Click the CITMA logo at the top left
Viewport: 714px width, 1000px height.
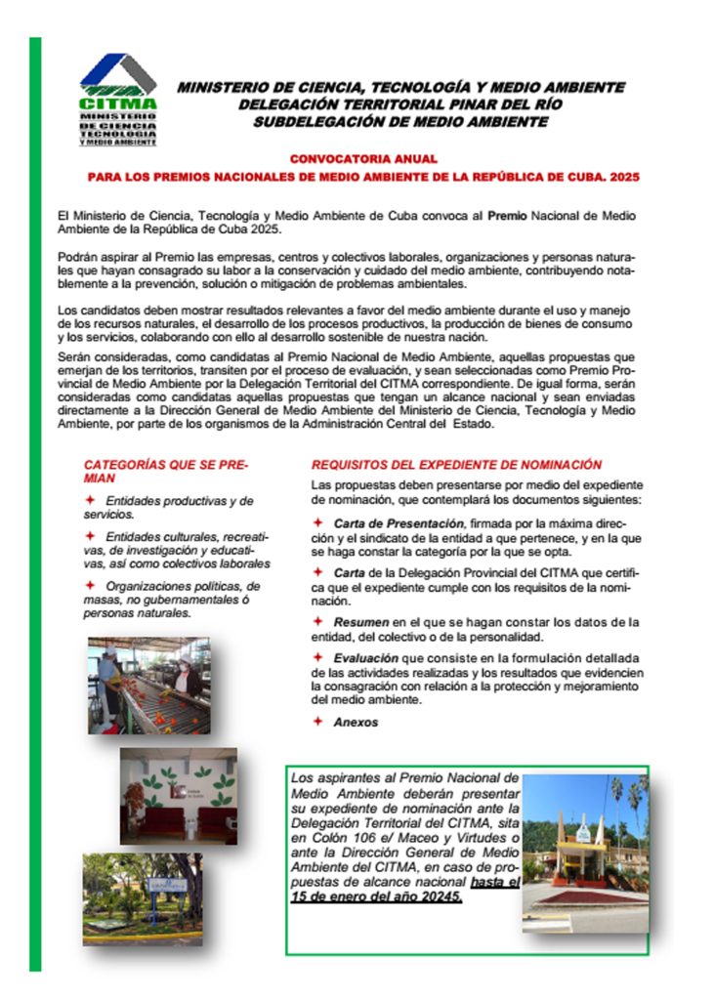(x=117, y=99)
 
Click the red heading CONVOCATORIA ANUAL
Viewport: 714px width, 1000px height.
(x=363, y=158)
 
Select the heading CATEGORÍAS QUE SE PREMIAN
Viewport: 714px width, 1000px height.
(x=166, y=472)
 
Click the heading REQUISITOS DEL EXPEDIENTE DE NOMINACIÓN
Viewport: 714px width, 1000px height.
(x=456, y=465)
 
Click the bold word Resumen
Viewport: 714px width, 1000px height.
(x=361, y=621)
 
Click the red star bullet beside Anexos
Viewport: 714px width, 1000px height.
(x=318, y=721)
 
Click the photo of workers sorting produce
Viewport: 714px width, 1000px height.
(x=148, y=686)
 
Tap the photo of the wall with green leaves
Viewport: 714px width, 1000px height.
(x=178, y=797)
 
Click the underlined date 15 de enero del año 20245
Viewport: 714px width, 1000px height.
(x=376, y=896)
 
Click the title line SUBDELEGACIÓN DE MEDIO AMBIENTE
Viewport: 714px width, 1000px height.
(x=400, y=122)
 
